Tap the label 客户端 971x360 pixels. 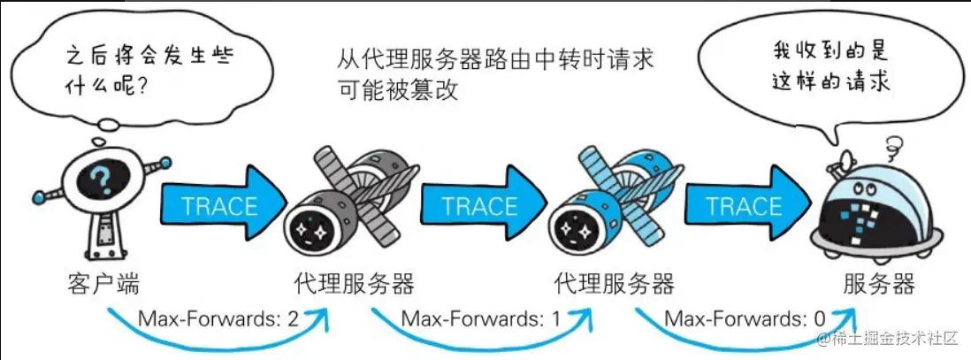pos(103,284)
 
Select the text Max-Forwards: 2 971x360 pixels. pos(218,317)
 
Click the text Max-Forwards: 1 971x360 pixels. pos(481,317)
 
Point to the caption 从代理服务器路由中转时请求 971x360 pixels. pos(495,60)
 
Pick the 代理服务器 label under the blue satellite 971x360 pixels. pos(614,284)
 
